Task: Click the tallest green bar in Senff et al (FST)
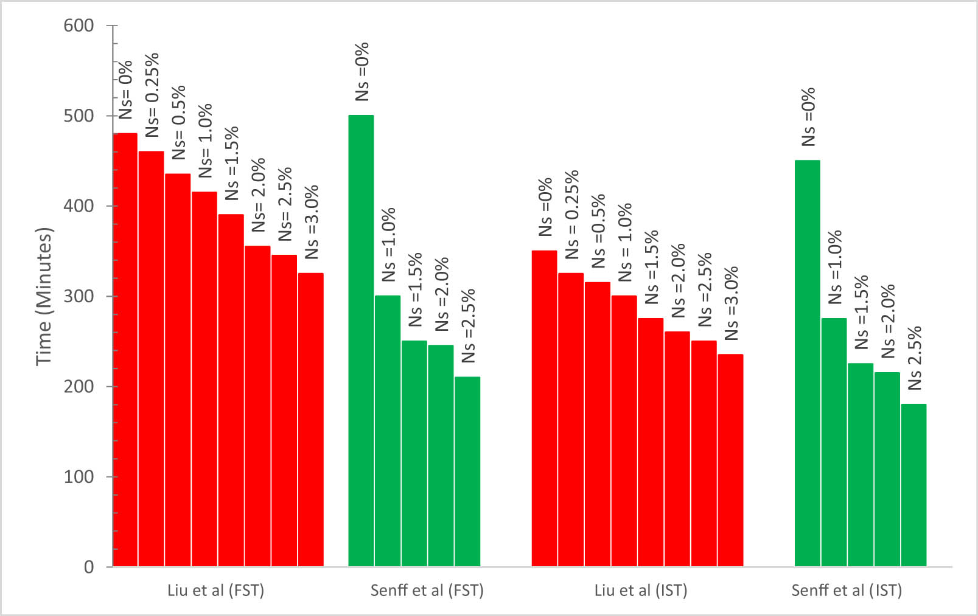361,341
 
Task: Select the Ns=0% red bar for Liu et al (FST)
125,350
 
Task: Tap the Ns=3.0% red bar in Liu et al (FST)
310,420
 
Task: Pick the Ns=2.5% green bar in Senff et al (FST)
467,471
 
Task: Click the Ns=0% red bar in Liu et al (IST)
544,408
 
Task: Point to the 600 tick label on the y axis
79,26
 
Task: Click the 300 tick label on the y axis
79,296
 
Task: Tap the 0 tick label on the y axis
89,567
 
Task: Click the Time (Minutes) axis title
44,296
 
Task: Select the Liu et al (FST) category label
215,590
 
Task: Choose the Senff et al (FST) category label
427,590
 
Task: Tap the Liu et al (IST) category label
640,590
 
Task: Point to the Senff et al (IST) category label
847,590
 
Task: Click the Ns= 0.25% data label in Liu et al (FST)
152,95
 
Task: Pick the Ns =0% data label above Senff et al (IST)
808,117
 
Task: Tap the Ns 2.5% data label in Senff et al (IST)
915,358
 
